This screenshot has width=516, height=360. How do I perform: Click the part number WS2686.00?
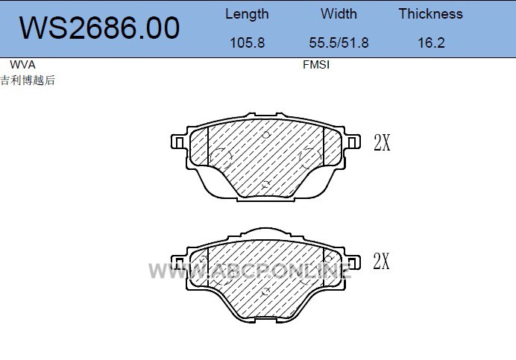(x=99, y=28)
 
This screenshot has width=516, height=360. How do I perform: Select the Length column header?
(x=247, y=14)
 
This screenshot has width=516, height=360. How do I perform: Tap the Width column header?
(x=339, y=14)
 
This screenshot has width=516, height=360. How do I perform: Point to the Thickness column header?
(x=431, y=14)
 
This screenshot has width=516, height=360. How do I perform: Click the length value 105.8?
(x=247, y=42)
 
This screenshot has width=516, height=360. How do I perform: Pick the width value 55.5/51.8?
(x=339, y=42)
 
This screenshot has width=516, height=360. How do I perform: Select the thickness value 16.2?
(x=431, y=42)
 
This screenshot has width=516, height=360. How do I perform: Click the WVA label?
(x=22, y=65)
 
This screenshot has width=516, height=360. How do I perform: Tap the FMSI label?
(x=316, y=65)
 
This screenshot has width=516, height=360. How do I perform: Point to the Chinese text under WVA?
(x=28, y=80)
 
